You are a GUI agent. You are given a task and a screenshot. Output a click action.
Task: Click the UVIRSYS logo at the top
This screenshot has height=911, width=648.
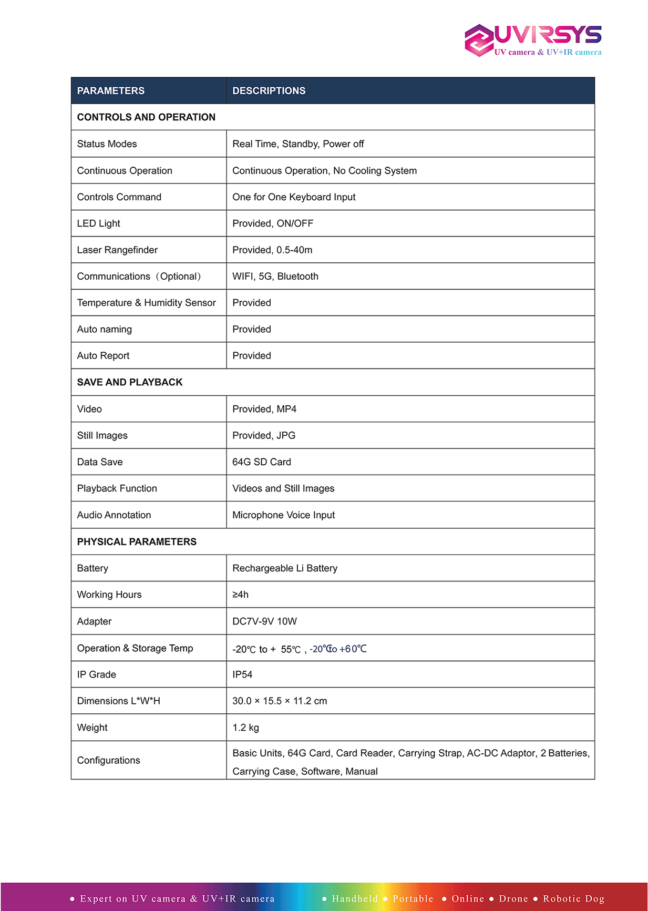point(533,40)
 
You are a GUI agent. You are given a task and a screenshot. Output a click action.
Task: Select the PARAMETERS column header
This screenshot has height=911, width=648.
point(110,90)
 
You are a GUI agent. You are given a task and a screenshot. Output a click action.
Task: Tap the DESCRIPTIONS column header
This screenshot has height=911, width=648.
point(269,90)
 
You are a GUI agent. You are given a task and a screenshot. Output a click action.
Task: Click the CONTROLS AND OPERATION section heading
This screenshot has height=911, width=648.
point(146,117)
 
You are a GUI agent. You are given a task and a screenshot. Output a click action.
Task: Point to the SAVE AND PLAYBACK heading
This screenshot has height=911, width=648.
point(130,382)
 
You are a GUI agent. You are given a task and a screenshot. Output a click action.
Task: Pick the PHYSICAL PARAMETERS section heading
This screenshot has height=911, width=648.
point(137,541)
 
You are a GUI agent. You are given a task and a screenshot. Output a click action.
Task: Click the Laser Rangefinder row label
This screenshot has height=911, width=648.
point(117,250)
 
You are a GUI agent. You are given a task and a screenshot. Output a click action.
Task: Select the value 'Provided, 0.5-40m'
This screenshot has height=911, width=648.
point(272,250)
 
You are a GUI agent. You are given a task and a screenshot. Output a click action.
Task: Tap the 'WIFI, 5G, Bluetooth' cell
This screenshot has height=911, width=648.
point(275,277)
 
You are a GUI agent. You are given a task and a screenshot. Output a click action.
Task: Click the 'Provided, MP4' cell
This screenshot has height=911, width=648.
point(264,409)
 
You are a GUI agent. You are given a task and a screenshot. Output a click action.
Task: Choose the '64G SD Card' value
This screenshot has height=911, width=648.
point(262,462)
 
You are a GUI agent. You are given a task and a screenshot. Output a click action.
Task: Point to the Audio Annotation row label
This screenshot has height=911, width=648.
point(114,515)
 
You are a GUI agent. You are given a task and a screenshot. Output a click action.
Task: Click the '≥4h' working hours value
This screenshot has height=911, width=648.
point(241,595)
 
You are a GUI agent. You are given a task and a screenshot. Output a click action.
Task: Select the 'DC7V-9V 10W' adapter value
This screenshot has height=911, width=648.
point(264,621)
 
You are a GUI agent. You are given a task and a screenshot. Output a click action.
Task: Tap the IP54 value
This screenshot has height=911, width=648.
point(242,674)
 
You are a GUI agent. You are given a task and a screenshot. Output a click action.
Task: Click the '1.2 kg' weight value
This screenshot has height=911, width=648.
point(245,728)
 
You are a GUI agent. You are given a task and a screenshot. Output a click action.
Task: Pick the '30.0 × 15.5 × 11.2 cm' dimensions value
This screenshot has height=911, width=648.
point(280,701)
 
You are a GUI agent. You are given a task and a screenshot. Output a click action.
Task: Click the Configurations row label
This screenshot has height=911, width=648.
point(108,760)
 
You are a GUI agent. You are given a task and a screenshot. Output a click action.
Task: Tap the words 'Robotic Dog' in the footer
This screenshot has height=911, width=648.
point(573,899)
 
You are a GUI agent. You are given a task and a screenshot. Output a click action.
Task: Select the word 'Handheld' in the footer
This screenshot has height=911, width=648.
point(355,899)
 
